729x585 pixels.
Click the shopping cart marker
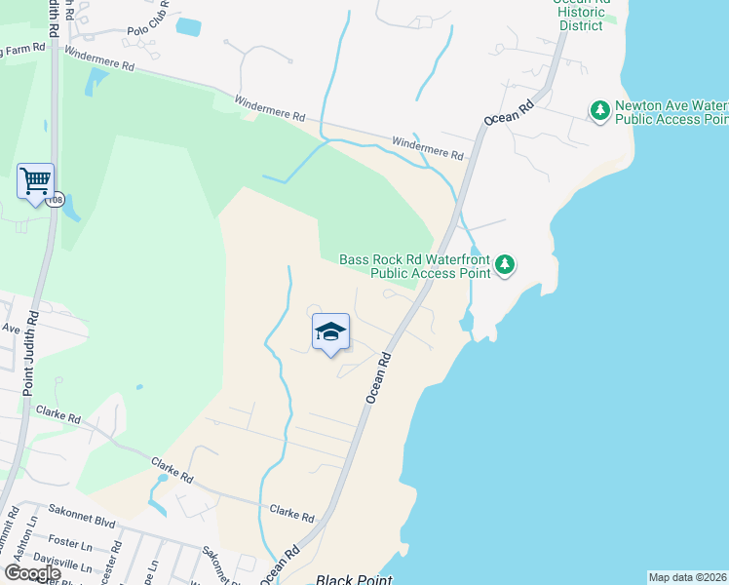[35, 180]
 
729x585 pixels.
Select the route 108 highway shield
[56, 200]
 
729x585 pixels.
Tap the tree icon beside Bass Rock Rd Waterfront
[504, 264]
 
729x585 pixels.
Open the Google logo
[32, 573]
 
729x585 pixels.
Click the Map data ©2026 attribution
[687, 577]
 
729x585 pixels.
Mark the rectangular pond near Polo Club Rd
[188, 27]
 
